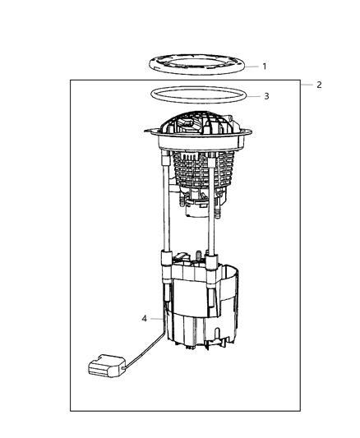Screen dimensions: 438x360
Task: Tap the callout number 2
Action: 318,85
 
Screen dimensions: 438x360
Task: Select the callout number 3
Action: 265,96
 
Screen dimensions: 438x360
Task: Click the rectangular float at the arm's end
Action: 104,366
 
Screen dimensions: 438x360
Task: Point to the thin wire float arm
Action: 145,345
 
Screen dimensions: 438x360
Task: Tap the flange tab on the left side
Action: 150,130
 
